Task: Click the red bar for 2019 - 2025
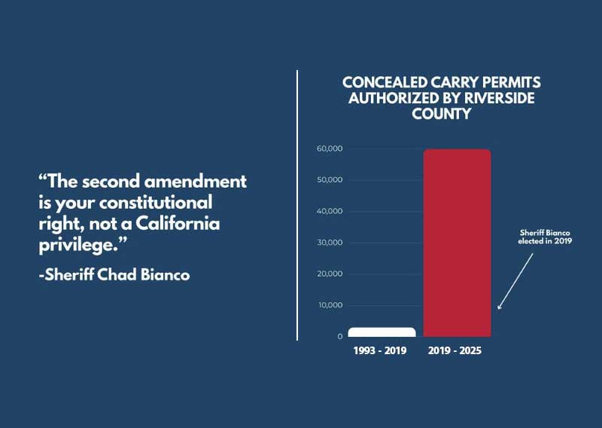click(457, 243)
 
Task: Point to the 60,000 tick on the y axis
click(330, 148)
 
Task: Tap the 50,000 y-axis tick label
click(330, 180)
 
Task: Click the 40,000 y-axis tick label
click(330, 211)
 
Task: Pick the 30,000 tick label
click(330, 243)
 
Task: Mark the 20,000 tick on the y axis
click(330, 274)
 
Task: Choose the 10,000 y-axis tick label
click(330, 305)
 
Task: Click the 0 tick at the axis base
click(339, 336)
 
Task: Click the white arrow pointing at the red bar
click(516, 280)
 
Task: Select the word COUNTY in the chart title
click(441, 114)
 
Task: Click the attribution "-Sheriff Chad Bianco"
click(114, 274)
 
